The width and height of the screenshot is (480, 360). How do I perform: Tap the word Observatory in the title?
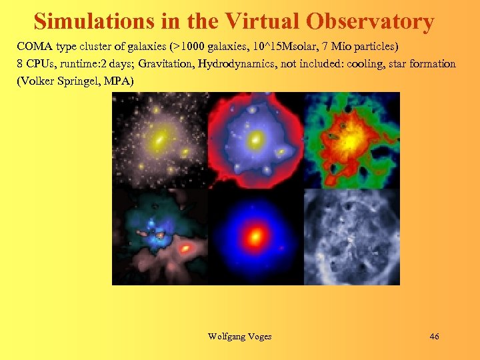(x=371, y=21)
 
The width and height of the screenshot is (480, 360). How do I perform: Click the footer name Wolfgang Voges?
(x=240, y=337)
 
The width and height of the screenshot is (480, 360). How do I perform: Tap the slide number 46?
(x=434, y=337)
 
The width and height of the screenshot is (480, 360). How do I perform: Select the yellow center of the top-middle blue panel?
(x=254, y=141)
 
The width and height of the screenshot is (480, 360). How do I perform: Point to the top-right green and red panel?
(x=351, y=140)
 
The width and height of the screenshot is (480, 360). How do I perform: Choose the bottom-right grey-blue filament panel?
(x=351, y=237)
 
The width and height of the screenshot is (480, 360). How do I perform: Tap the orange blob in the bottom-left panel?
(x=187, y=249)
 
